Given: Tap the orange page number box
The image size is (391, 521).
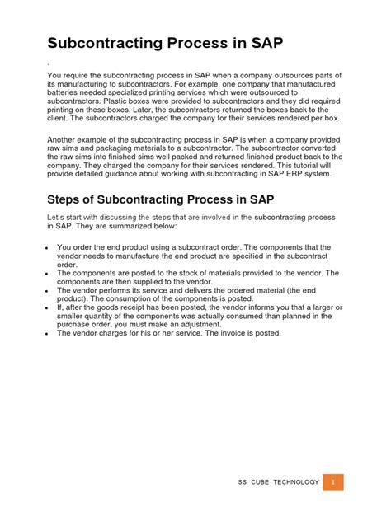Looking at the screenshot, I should pyautogui.click(x=332, y=481).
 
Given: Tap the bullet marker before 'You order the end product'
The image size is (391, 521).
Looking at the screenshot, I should pyautogui.click(x=48, y=247).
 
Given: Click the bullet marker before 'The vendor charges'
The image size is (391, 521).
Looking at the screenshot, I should pyautogui.click(x=48, y=334).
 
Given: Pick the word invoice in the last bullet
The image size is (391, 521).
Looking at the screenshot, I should pyautogui.click(x=221, y=333).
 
